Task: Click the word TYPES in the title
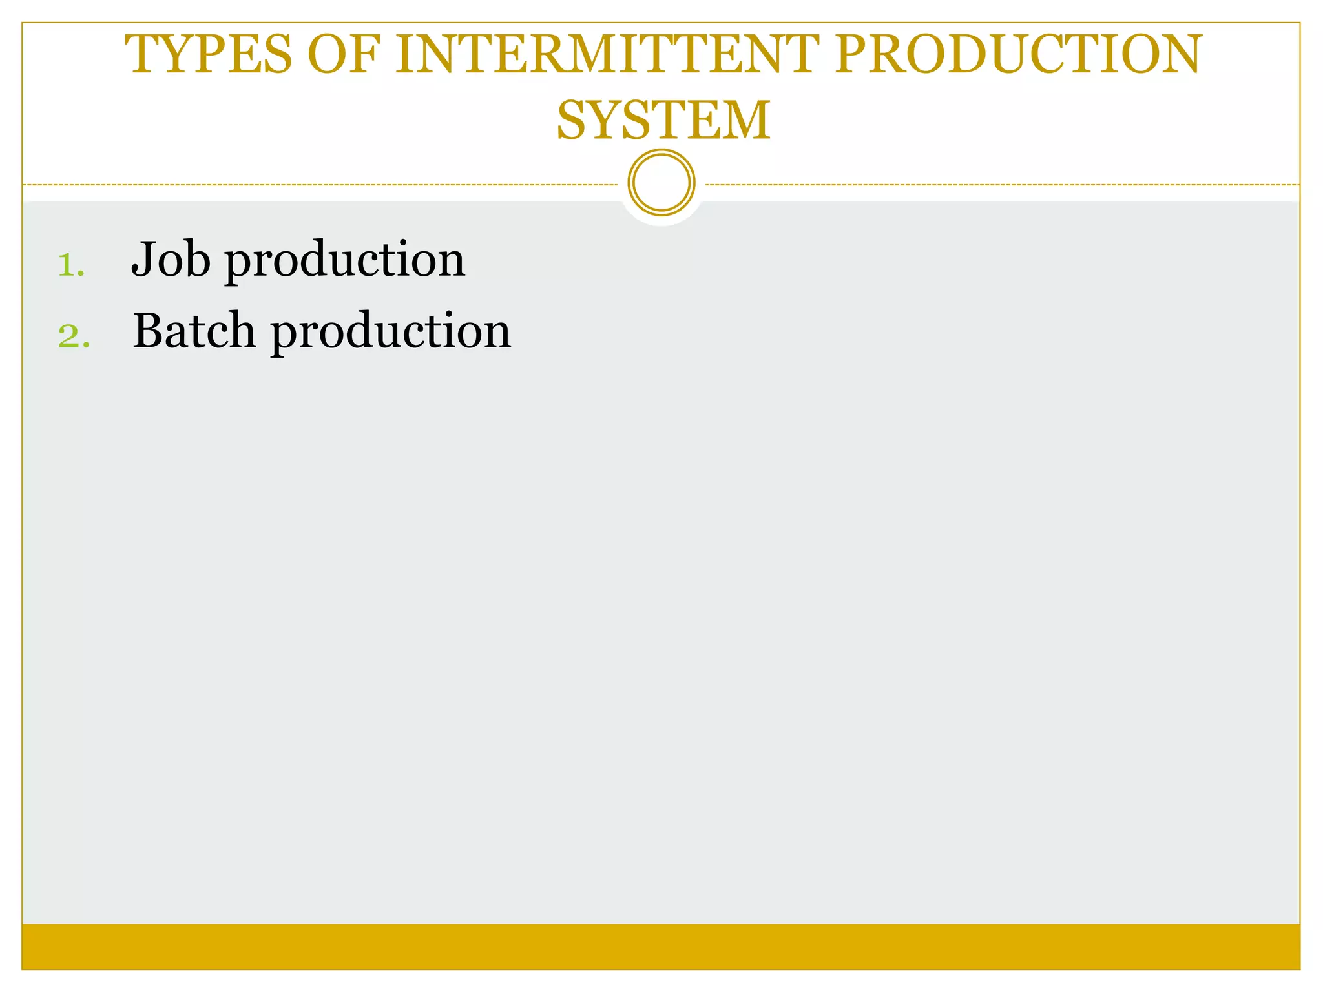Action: pos(209,54)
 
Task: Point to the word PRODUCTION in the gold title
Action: pos(1018,54)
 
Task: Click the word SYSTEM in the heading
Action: pos(663,121)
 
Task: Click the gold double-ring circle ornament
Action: pos(661,183)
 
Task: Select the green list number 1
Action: pos(70,265)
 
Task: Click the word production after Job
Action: pos(344,261)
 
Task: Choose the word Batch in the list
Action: pos(194,331)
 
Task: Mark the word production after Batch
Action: pos(390,333)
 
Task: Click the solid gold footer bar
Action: pos(661,946)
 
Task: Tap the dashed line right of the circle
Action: pos(1001,185)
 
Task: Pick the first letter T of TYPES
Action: pos(143,54)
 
